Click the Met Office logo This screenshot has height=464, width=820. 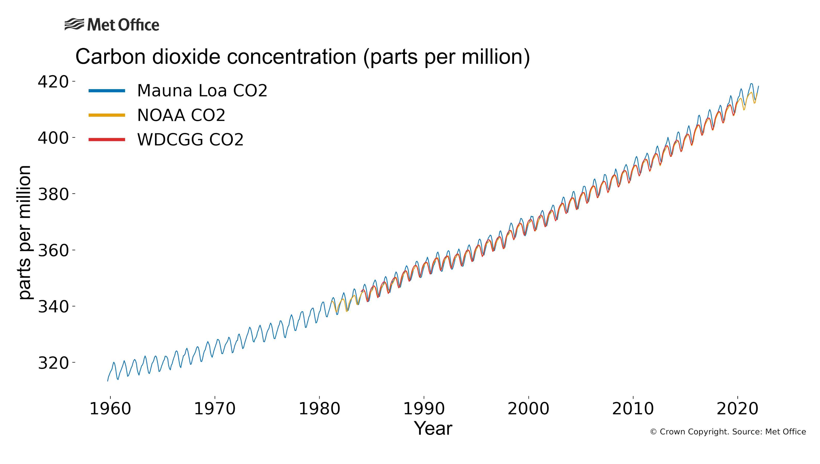(112, 24)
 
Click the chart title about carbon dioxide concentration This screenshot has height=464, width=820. (302, 57)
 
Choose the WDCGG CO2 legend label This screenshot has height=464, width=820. (190, 139)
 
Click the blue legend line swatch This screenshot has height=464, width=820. (107, 91)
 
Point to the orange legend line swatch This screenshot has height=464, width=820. (107, 115)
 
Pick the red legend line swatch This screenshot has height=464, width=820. (107, 139)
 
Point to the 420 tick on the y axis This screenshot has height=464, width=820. (53, 81)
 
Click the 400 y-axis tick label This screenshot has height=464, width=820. (53, 138)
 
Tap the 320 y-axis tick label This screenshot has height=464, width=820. (53, 363)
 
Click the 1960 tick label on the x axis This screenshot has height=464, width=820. (110, 409)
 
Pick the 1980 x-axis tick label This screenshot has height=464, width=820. (319, 409)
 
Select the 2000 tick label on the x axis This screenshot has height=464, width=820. (528, 409)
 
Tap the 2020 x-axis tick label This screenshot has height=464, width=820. (737, 409)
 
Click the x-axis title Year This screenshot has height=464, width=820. (433, 428)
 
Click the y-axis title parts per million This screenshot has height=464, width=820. (24, 233)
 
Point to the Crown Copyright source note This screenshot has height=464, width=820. (728, 432)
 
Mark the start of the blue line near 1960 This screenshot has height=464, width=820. (108, 380)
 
